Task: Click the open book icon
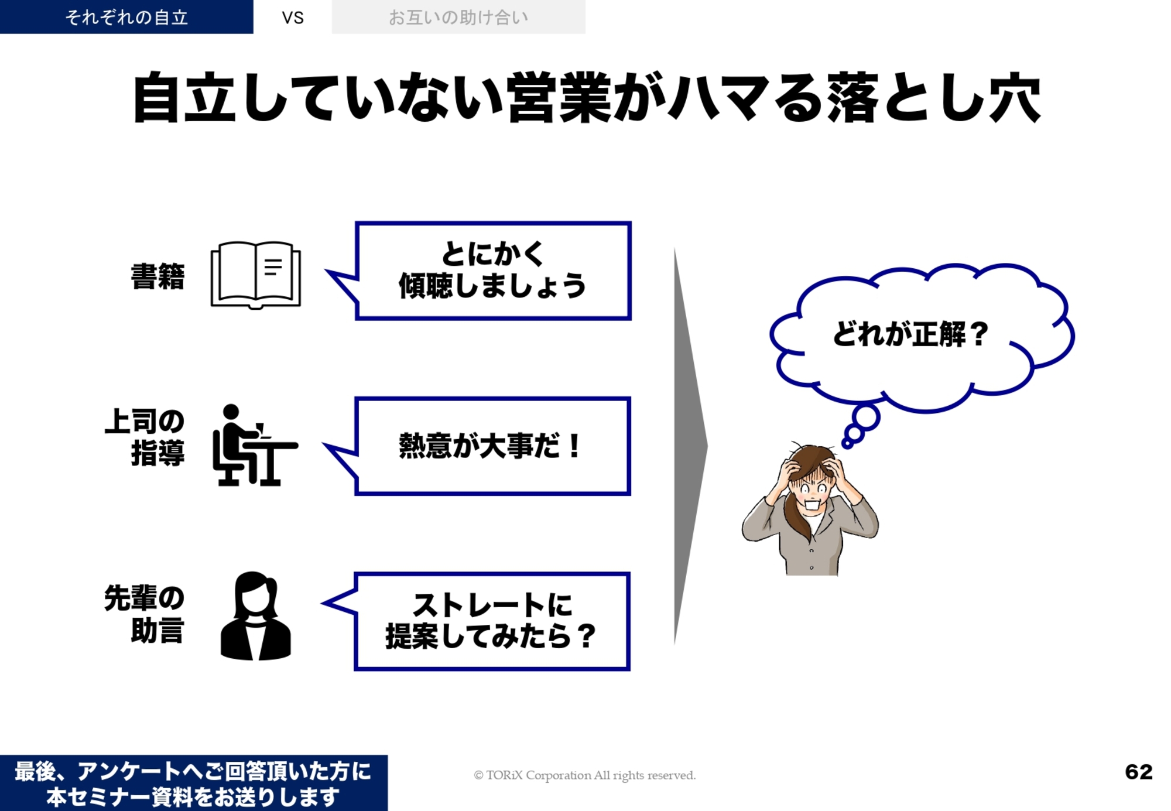click(256, 275)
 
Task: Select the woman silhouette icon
click(255, 615)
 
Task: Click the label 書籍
click(157, 276)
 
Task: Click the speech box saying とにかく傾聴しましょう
click(493, 271)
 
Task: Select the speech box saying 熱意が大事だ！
click(493, 446)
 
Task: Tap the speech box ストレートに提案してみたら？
click(492, 621)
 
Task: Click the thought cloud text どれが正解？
click(910, 334)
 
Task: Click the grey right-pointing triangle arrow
click(691, 446)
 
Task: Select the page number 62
click(1139, 772)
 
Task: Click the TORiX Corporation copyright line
click(584, 775)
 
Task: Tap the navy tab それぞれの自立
click(126, 17)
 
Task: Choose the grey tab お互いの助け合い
click(458, 17)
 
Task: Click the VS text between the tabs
click(293, 18)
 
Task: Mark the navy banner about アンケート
click(194, 783)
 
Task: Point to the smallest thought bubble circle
click(847, 444)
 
